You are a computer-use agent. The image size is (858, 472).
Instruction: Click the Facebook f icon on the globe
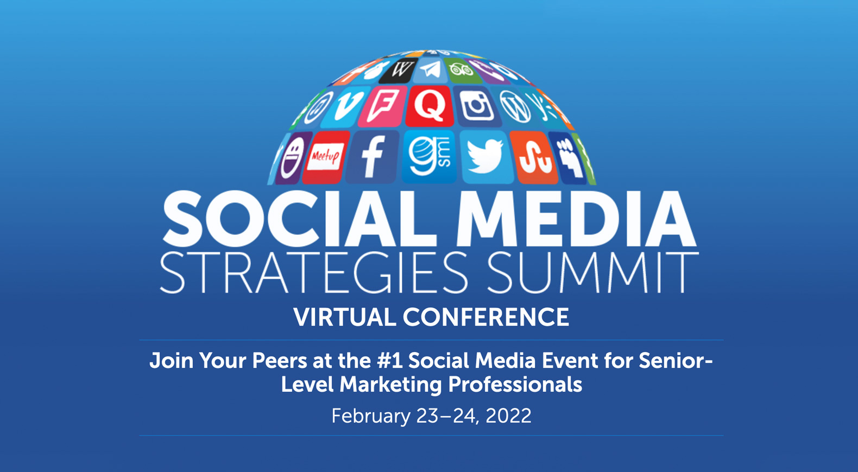pos(372,157)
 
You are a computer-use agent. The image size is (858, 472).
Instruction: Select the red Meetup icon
pos(326,157)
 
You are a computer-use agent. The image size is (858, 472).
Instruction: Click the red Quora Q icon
pos(430,106)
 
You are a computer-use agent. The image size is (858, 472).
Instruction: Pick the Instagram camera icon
pos(476,106)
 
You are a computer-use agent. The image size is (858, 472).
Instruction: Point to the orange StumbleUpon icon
pos(534,157)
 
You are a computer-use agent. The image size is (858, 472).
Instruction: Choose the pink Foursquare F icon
pos(383,106)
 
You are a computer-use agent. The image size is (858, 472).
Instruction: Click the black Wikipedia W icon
pos(399,71)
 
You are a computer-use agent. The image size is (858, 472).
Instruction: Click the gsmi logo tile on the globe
pos(430,157)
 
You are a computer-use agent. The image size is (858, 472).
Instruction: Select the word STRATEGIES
pos(314,272)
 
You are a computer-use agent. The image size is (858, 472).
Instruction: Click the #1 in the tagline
pos(389,361)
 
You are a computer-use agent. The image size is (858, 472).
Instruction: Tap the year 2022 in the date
pos(508,416)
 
